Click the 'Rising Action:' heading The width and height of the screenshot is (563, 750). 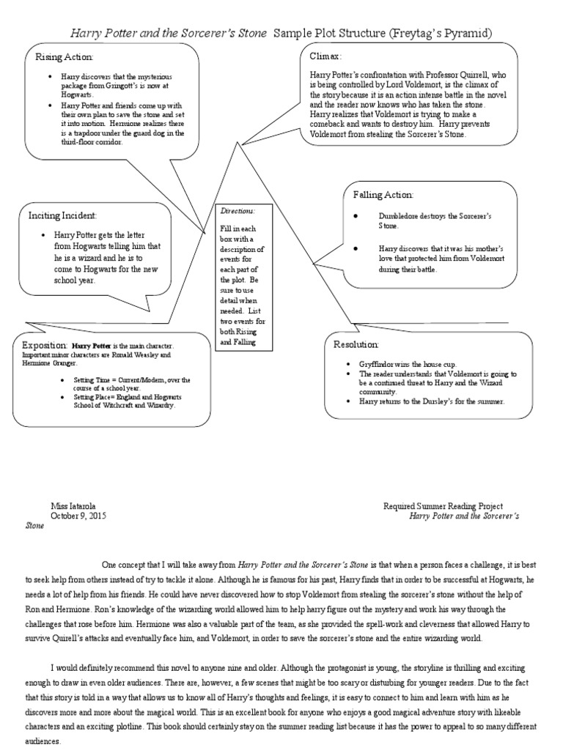[65, 57]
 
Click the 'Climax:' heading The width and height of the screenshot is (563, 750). [326, 56]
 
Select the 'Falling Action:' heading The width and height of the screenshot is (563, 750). [383, 195]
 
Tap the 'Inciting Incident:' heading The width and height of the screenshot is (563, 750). [62, 215]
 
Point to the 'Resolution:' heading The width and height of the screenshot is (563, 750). [356, 344]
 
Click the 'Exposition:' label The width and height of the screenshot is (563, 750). [45, 344]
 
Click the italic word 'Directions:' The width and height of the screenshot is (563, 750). [235, 211]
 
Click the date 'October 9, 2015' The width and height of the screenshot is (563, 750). [78, 516]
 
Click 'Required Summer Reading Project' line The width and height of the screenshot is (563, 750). [443, 506]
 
